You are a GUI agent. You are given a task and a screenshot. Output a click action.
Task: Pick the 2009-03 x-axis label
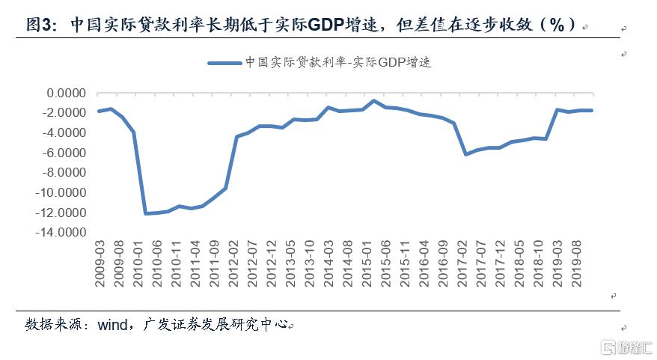pyautogui.click(x=100, y=262)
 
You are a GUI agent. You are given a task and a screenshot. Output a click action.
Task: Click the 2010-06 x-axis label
pyautogui.click(x=157, y=262)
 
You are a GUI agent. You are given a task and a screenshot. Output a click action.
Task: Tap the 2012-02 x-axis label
pyautogui.click(x=234, y=262)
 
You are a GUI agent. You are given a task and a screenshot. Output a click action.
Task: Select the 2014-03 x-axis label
pyautogui.click(x=329, y=262)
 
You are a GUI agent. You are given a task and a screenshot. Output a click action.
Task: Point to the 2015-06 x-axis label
pyautogui.click(x=387, y=262)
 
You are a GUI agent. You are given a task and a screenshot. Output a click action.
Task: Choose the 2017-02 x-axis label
pyautogui.click(x=463, y=262)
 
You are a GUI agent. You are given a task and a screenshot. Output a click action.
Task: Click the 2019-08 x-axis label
pyautogui.click(x=578, y=262)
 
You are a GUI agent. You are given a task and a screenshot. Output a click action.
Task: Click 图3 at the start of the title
pyautogui.click(x=38, y=24)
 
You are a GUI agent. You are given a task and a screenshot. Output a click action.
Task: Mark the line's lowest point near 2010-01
pyautogui.click(x=146, y=213)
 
